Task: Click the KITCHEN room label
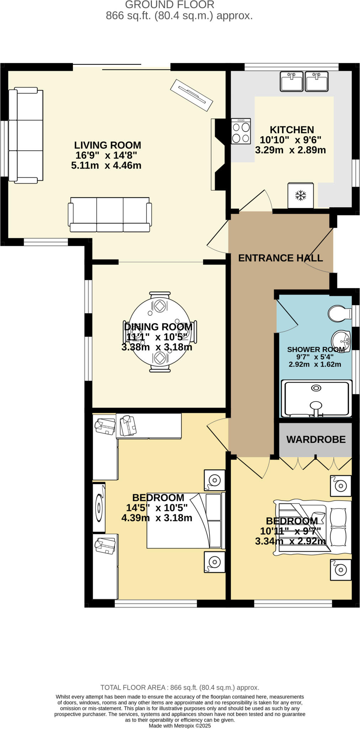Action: pyautogui.click(x=291, y=130)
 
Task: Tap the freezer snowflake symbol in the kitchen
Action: pyautogui.click(x=301, y=195)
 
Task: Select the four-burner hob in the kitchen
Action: pyautogui.click(x=241, y=131)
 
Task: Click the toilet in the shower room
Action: pyautogui.click(x=338, y=313)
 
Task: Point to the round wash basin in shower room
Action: pyautogui.click(x=340, y=338)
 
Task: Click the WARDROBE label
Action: pyautogui.click(x=316, y=439)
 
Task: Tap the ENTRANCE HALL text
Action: pyautogui.click(x=280, y=258)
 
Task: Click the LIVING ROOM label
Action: pyautogui.click(x=107, y=145)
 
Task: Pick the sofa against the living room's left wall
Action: pyautogui.click(x=26, y=135)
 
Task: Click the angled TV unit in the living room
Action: pyautogui.click(x=191, y=95)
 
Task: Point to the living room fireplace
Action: pyautogui.click(x=218, y=154)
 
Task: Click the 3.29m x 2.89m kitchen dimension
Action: pyautogui.click(x=290, y=150)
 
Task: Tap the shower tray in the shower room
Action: pyautogui.click(x=315, y=398)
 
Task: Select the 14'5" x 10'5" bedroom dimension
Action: pyautogui.click(x=157, y=508)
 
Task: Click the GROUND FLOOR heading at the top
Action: pyautogui.click(x=170, y=5)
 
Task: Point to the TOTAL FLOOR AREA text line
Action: pyautogui.click(x=180, y=687)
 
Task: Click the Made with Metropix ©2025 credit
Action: pyautogui.click(x=180, y=725)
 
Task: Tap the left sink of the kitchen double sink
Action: pyautogui.click(x=291, y=81)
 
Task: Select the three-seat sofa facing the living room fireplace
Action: pyautogui.click(x=110, y=215)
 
